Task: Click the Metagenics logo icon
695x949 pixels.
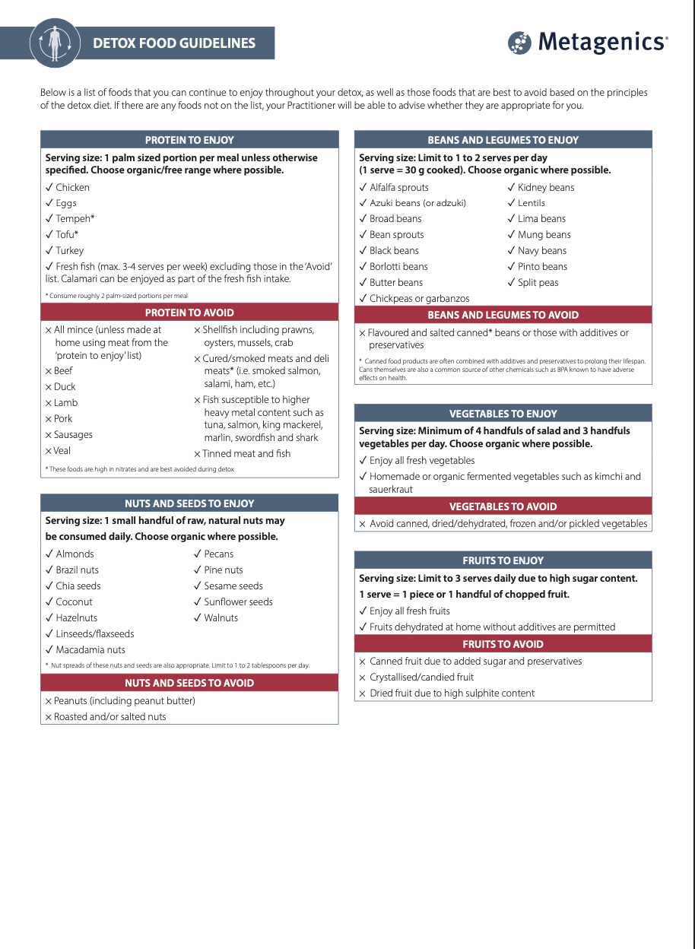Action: [x=520, y=43]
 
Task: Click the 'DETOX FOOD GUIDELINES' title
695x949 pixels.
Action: [x=174, y=43]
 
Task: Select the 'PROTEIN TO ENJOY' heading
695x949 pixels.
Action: [x=189, y=140]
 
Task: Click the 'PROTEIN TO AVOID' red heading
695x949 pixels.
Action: [x=189, y=313]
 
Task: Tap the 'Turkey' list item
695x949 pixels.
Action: [x=69, y=251]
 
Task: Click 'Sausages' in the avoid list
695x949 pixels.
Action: [x=73, y=435]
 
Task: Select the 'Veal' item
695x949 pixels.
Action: [x=62, y=451]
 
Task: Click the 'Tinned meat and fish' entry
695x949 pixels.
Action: [x=246, y=454]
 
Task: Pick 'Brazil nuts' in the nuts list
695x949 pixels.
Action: [x=77, y=570]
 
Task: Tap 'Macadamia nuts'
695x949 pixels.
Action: [x=90, y=650]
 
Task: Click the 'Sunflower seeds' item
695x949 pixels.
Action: [x=238, y=602]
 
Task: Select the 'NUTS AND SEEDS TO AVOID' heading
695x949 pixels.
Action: [x=189, y=683]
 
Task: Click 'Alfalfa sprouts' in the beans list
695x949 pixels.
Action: [x=398, y=188]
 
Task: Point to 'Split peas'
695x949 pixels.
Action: [x=538, y=283]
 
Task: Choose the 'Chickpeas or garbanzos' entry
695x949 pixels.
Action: [x=419, y=299]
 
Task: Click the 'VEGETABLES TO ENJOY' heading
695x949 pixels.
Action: [x=503, y=414]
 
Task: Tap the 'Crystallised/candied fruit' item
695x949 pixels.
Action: [x=421, y=678]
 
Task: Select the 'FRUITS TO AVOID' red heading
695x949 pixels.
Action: [x=503, y=644]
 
